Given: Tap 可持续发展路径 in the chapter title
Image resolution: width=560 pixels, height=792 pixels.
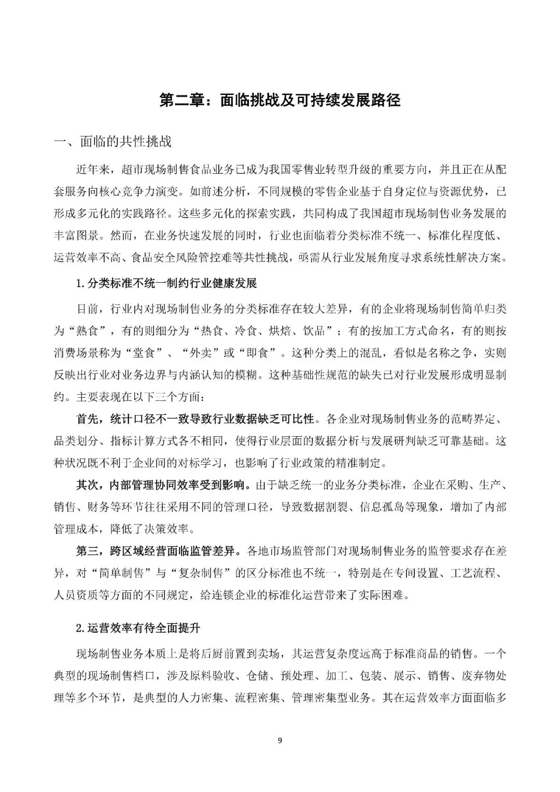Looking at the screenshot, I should coord(348,100).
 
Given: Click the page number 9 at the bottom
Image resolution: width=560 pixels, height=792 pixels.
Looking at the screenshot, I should coord(280,740).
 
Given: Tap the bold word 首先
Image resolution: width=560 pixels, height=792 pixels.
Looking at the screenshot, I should coord(88,419).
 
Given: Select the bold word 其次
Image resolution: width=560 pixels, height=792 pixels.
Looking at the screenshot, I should coord(88,485).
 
